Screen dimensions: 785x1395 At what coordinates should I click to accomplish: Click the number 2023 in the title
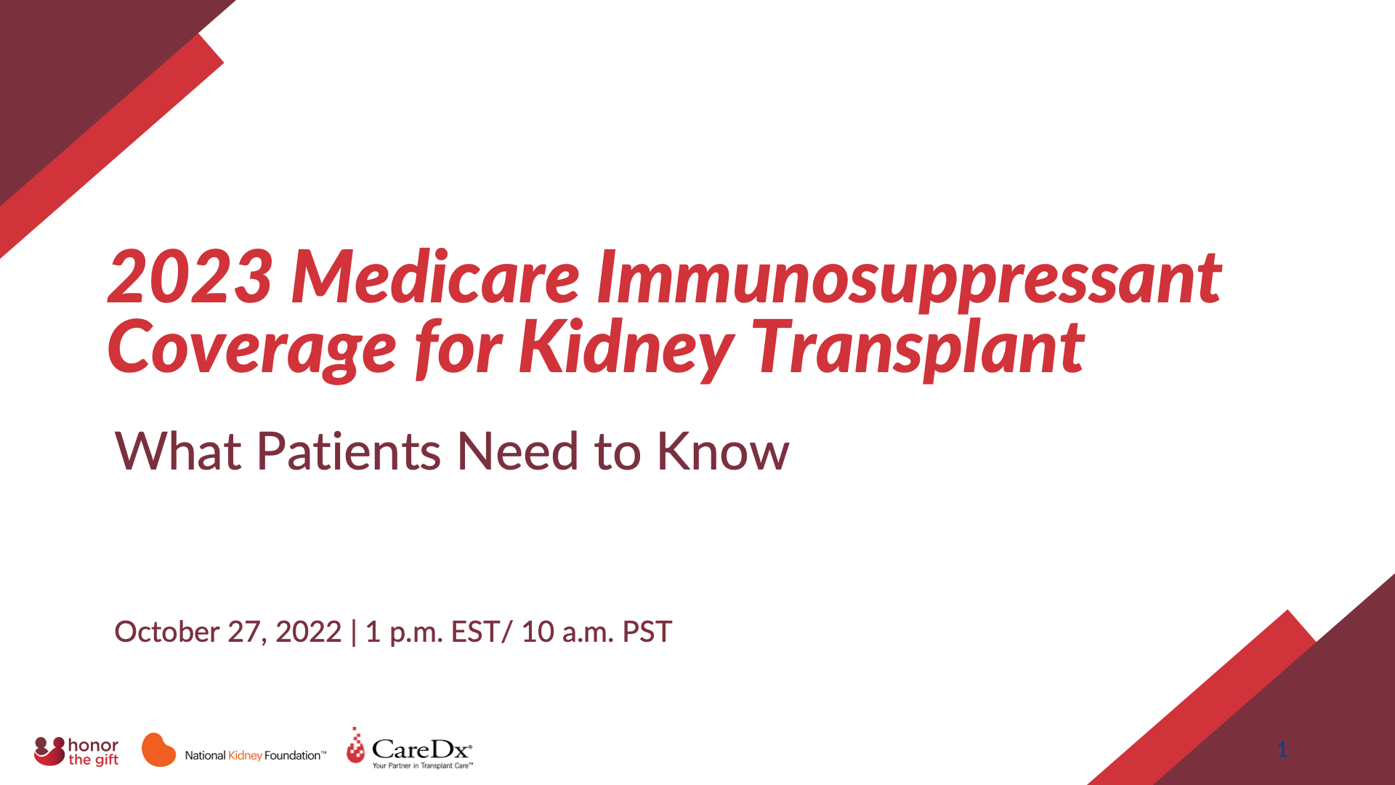tap(190, 278)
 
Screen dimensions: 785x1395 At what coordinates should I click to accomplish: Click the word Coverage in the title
tap(251, 349)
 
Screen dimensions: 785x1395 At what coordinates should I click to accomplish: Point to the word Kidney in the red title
tap(625, 349)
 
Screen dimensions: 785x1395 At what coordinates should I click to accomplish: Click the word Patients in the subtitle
tap(348, 451)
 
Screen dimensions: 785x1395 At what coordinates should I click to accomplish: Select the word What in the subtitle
tap(177, 451)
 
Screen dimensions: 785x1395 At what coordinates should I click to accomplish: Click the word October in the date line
tap(166, 632)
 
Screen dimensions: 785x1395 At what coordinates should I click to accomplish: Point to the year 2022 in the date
tap(308, 632)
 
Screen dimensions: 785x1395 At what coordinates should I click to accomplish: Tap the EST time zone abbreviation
tap(474, 632)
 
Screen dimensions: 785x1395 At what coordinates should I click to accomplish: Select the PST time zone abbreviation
tap(647, 632)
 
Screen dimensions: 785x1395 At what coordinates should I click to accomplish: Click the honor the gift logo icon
tap(49, 751)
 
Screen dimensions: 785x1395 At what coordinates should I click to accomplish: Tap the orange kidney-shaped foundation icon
tap(158, 750)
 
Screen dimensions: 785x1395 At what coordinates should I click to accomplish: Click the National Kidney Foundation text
tap(254, 756)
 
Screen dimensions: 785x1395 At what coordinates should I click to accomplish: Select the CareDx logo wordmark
tap(421, 749)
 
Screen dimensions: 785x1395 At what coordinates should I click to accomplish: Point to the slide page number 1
tap(1282, 749)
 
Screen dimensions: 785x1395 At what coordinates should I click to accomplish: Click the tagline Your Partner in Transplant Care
tap(422, 765)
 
